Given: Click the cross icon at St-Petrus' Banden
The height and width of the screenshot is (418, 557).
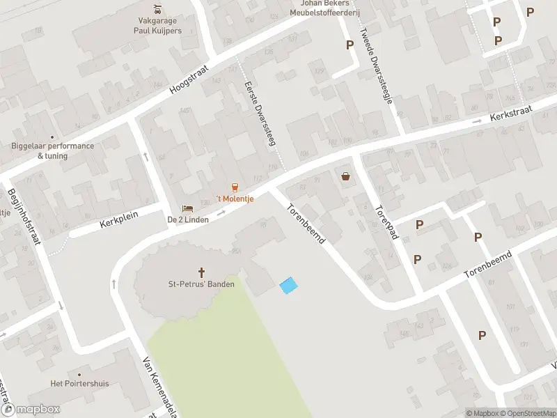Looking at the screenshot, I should [202, 272].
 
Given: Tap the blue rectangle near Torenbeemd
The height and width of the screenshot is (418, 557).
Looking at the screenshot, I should [288, 284].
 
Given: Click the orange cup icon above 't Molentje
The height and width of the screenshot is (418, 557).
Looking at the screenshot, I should [235, 187].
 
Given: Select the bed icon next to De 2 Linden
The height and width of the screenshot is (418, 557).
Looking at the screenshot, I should [187, 208].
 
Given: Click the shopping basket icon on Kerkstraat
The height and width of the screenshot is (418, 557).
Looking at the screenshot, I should [345, 176].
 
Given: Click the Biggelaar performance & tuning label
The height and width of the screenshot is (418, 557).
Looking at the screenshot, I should [53, 150].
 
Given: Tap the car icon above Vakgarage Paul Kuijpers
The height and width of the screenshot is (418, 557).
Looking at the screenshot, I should [158, 10].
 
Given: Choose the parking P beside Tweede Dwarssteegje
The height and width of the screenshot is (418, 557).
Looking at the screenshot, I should [350, 45].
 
